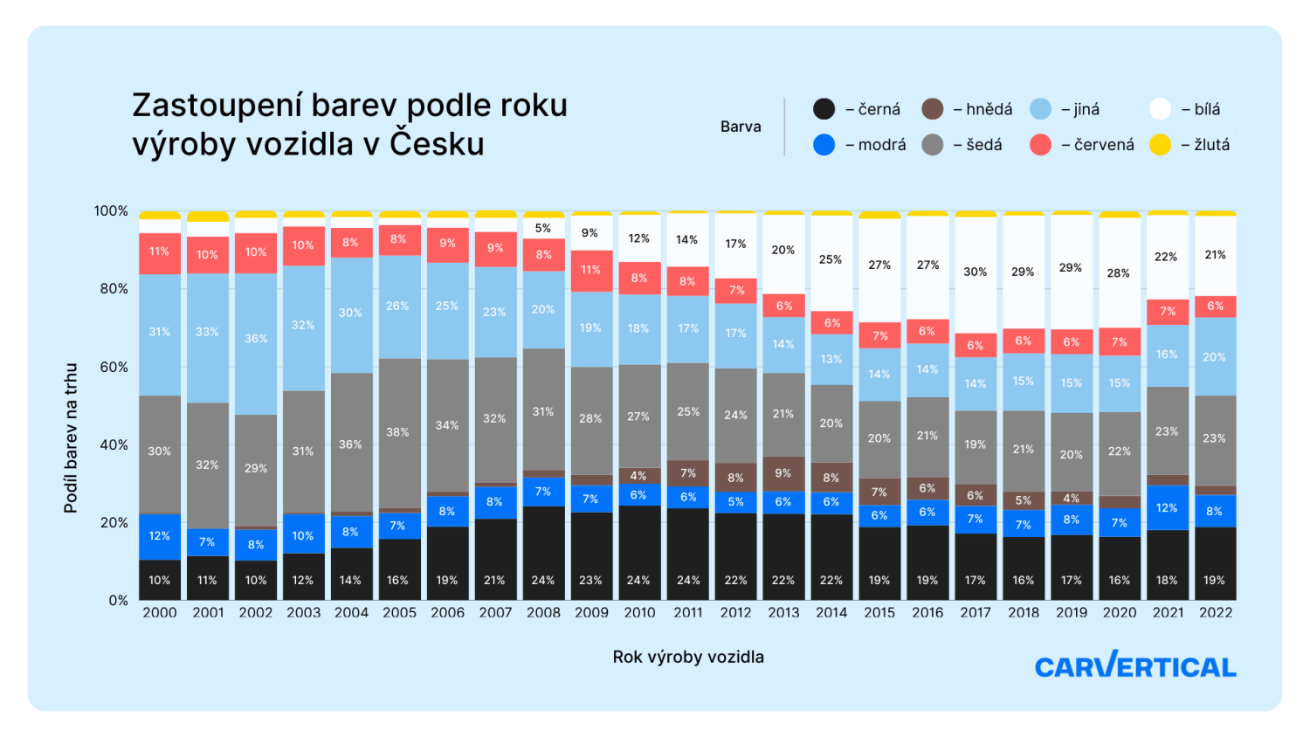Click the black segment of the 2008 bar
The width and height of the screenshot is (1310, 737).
coord(543,553)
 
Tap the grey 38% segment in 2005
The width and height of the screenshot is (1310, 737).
coord(399,433)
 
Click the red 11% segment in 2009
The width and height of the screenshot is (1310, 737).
coord(591,271)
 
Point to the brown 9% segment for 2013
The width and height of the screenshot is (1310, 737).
coord(783,474)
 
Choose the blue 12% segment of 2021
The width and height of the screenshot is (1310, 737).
coord(1168,507)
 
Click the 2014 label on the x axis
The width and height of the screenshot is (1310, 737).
coord(831,613)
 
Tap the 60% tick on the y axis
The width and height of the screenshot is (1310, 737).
coord(114,367)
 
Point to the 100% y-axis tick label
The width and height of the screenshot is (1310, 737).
coord(111,211)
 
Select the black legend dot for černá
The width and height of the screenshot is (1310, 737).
coord(824,109)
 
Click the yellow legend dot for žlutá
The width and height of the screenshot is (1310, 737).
coord(1160,145)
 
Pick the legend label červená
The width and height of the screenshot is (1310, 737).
coord(1104,145)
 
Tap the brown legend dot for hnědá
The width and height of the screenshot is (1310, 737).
coord(933,109)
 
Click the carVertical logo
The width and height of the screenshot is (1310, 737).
coord(1135,665)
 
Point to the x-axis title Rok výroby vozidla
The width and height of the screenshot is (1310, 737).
coord(688,657)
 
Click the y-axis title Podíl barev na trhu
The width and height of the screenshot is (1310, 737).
coord(71,438)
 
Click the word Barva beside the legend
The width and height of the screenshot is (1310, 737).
coord(741,127)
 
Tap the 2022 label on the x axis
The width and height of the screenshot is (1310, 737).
coord(1216,613)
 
